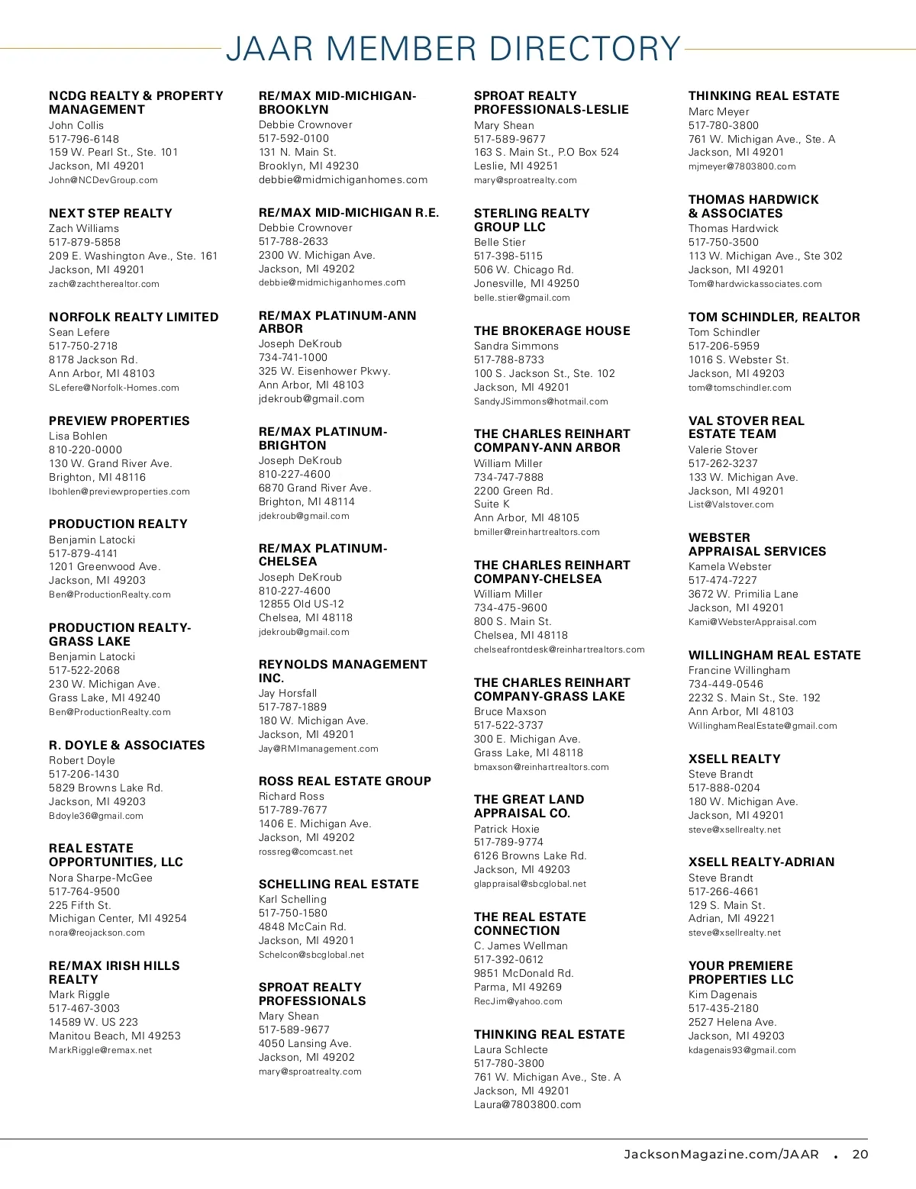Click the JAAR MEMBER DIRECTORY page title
point(453,49)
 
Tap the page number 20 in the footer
point(860,1154)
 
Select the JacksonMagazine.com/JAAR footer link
point(721,1154)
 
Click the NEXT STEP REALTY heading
point(111,214)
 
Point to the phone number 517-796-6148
point(84,139)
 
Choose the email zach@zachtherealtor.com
point(104,284)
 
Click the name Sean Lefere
point(79,332)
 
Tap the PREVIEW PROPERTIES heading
point(119,420)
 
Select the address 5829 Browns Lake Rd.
point(106,788)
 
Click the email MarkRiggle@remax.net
point(101,1050)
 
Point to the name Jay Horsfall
point(288,693)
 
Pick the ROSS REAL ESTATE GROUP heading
point(345,781)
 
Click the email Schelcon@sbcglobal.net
point(311,955)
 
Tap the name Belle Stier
point(500,242)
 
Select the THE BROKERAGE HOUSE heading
point(552,330)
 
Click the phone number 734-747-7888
point(509,477)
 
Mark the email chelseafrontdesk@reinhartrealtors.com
point(560,649)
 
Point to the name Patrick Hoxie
point(507,829)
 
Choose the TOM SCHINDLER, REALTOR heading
point(774,317)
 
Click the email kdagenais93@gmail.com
point(742,1050)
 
